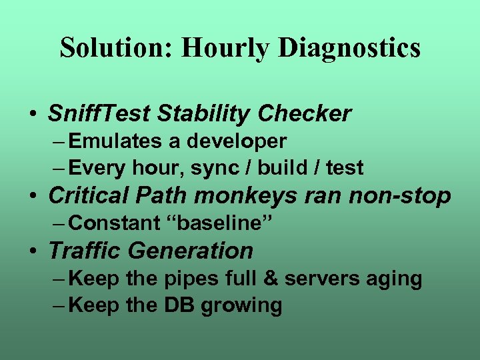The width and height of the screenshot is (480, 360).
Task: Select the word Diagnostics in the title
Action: (349, 48)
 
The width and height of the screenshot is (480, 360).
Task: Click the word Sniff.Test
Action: (99, 114)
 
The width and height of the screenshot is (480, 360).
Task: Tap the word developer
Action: (237, 142)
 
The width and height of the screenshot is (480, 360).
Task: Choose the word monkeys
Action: (256, 196)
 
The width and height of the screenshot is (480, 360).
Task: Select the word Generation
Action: (191, 251)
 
